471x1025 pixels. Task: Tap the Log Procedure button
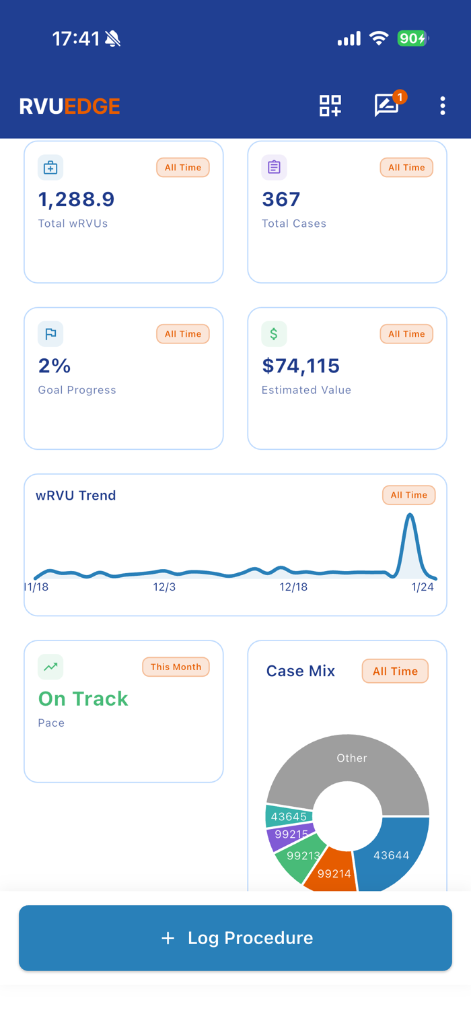235,937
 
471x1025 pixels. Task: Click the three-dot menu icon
442,106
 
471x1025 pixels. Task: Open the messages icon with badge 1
387,106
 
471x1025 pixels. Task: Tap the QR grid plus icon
330,106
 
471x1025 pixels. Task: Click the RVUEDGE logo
70,106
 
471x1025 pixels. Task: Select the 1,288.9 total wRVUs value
76,199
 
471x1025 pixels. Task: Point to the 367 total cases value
281,199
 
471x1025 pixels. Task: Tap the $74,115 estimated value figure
300,366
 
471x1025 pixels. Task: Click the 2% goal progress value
55,366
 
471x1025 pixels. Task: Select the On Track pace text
83,698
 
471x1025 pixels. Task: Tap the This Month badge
176,667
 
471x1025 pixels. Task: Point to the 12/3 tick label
164,587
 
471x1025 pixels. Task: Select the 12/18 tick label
293,587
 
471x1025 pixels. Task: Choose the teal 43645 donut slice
289,816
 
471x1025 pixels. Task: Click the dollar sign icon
274,333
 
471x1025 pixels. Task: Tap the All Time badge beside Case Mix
395,671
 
